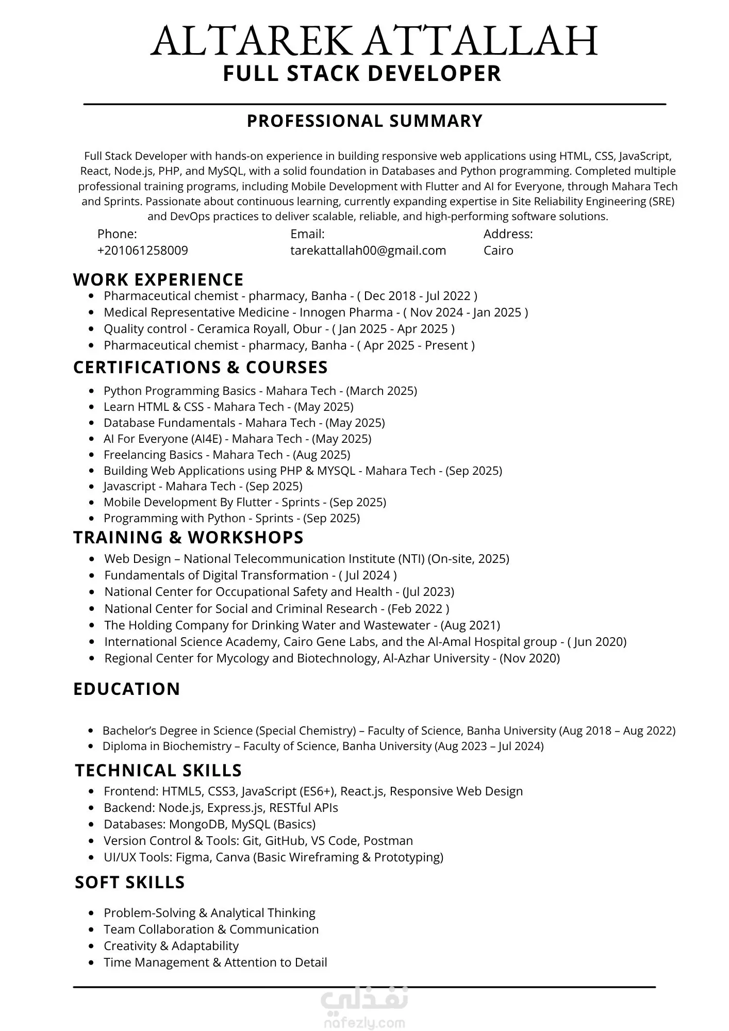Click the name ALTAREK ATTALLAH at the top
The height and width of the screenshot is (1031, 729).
(374, 41)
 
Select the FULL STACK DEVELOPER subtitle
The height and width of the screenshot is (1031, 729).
(362, 73)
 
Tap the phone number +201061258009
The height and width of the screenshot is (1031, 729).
(142, 251)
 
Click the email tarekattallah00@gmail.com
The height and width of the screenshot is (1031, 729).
(368, 251)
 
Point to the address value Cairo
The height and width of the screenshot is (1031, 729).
(498, 251)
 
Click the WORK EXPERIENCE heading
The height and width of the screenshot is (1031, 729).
(158, 279)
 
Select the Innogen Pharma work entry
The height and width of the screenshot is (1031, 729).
(316, 312)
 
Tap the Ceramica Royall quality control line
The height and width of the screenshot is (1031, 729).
(279, 329)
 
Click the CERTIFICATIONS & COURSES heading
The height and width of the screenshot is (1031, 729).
(200, 367)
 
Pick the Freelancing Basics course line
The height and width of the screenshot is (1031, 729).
(226, 455)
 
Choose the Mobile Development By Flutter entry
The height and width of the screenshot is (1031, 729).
(244, 502)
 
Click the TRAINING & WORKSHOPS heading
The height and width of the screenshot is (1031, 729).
(188, 537)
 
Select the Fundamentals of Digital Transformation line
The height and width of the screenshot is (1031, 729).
(250, 575)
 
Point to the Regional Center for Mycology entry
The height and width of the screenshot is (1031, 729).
(332, 658)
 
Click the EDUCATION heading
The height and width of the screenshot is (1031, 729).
(126, 689)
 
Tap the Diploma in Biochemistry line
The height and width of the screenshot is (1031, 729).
(323, 746)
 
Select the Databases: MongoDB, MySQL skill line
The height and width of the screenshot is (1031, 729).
(209, 824)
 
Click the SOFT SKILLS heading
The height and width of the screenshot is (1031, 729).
(129, 882)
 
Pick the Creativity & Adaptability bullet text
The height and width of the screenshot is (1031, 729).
(171, 946)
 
